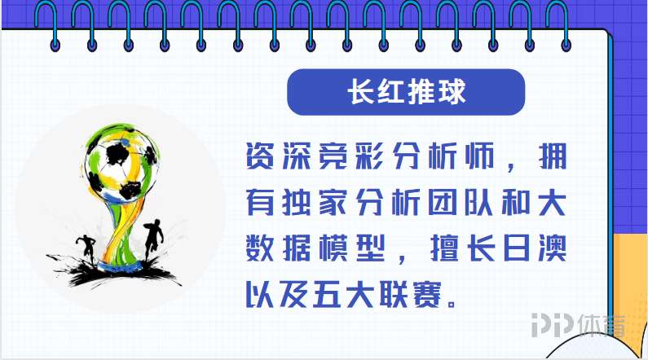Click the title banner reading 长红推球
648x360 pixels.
(x=406, y=92)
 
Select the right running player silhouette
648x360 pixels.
(x=153, y=239)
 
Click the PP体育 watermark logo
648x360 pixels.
(x=579, y=325)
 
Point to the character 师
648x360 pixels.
(x=479, y=156)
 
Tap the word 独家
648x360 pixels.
(x=315, y=203)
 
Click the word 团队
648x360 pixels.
(x=461, y=203)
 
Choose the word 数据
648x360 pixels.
(x=278, y=248)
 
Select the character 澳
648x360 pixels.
(x=552, y=248)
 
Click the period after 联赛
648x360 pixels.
(x=452, y=304)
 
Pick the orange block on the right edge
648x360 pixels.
(x=631, y=289)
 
